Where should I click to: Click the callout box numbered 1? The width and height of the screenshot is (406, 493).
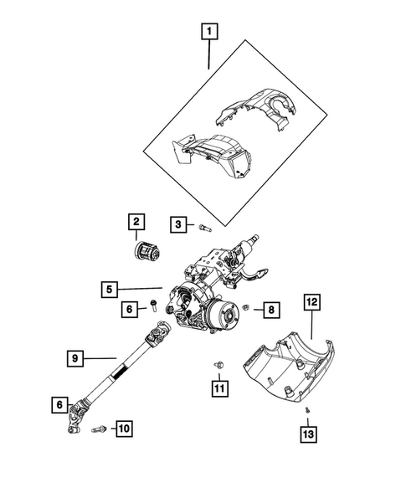pos(208,33)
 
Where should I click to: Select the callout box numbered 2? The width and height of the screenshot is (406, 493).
pos(135,222)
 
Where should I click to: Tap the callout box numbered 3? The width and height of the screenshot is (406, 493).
pos(178,223)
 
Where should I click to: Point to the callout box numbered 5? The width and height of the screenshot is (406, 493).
pos(110,290)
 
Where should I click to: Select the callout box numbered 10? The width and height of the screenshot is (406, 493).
pos(123,429)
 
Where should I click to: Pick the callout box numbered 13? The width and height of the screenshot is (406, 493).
pos(310,434)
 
